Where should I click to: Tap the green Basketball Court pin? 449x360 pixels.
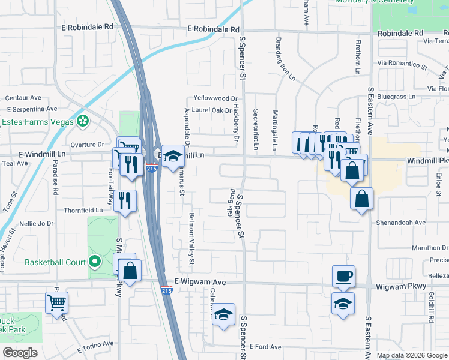[94, 262]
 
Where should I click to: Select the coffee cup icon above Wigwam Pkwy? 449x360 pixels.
[344, 277]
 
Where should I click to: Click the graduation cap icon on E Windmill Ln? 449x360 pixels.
[173, 156]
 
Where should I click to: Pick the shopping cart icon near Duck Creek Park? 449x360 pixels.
[56, 302]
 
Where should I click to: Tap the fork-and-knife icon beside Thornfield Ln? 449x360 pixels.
[125, 200]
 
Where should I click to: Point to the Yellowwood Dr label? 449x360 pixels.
[215, 98]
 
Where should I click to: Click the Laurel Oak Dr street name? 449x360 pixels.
[212, 110]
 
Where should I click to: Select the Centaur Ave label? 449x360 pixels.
[23, 98]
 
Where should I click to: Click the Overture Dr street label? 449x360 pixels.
[88, 145]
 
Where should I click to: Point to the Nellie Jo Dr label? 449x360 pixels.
[37, 223]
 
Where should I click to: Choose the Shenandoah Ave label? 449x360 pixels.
[401, 223]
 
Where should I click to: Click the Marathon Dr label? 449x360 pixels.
[414, 248]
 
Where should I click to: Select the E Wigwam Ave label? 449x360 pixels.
[200, 281]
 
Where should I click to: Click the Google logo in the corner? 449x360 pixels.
[20, 353]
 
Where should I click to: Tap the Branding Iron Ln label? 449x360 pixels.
[285, 59]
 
